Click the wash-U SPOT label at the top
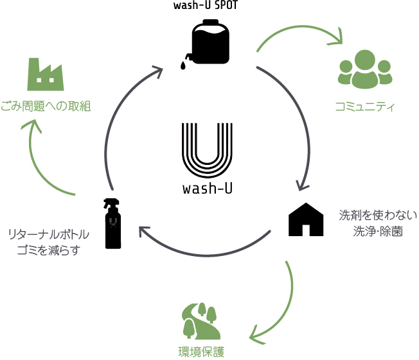point(205,5)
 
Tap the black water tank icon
point(210,42)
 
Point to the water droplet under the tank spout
point(183,65)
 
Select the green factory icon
point(46,74)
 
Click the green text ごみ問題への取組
point(46,107)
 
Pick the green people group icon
point(365,69)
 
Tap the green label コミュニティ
point(365,107)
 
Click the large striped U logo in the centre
point(207,150)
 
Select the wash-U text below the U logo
point(208,189)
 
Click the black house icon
point(306,219)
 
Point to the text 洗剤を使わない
point(378,216)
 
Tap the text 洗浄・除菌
point(378,232)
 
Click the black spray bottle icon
point(112,223)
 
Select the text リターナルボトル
point(49,235)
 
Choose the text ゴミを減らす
point(49,250)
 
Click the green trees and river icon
point(201,321)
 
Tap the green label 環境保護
point(201,352)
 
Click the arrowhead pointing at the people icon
point(338,39)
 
